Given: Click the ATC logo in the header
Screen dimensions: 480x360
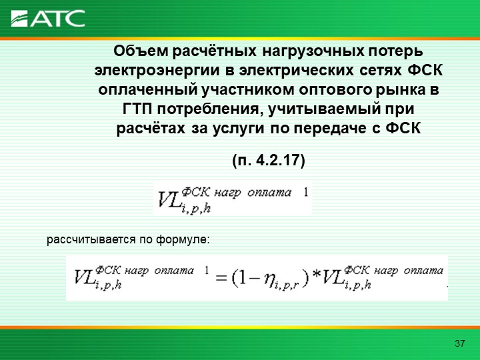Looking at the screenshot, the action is click(x=48, y=19).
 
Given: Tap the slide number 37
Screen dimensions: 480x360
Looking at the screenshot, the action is click(x=459, y=343).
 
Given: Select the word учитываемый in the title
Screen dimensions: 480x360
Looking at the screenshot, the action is click(x=323, y=109).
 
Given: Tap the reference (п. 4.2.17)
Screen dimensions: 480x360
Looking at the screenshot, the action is click(x=269, y=161).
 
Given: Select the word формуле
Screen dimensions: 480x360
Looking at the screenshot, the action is click(x=183, y=239).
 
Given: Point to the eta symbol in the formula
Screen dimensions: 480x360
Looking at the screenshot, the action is click(x=269, y=280).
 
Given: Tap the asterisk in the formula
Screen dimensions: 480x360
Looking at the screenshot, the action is click(x=316, y=274).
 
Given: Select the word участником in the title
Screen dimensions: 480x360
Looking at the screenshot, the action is click(x=248, y=90).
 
